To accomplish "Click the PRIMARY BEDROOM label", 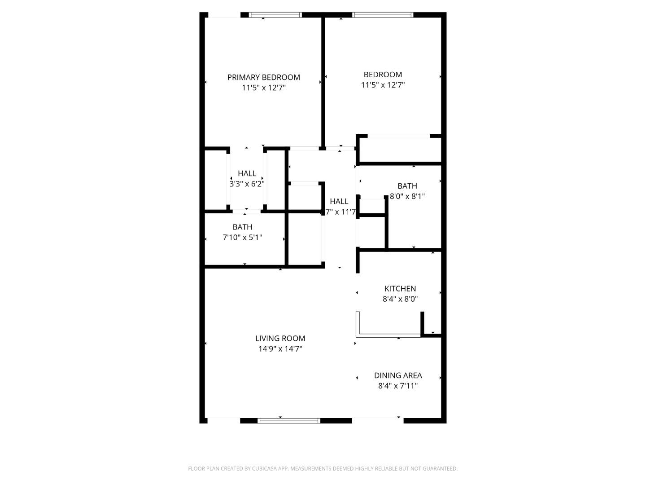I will coord(263,77).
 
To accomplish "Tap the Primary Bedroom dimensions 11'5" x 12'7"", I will coord(263,88).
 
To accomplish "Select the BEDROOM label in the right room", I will coord(383,75).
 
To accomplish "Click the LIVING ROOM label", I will coord(280,339).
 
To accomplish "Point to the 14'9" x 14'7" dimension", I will coord(280,349).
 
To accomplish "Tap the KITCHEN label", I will coord(400,289).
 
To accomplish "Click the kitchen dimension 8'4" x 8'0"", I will coord(400,299).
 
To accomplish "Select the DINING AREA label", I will coord(398,375).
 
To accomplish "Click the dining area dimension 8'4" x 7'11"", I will coord(398,386).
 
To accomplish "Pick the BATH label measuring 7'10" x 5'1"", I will coord(242,227).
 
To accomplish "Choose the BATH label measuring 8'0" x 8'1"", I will coord(407,186).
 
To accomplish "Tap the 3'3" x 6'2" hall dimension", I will coord(247,184).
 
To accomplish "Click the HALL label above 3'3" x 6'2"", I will coord(247,173).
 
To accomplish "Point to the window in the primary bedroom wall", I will coord(275,15).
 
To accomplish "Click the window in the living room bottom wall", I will coord(289,421).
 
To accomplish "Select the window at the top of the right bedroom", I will coord(383,15).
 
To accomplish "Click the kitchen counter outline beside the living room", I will coord(388,335).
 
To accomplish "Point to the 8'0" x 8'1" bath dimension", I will coord(407,196).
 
